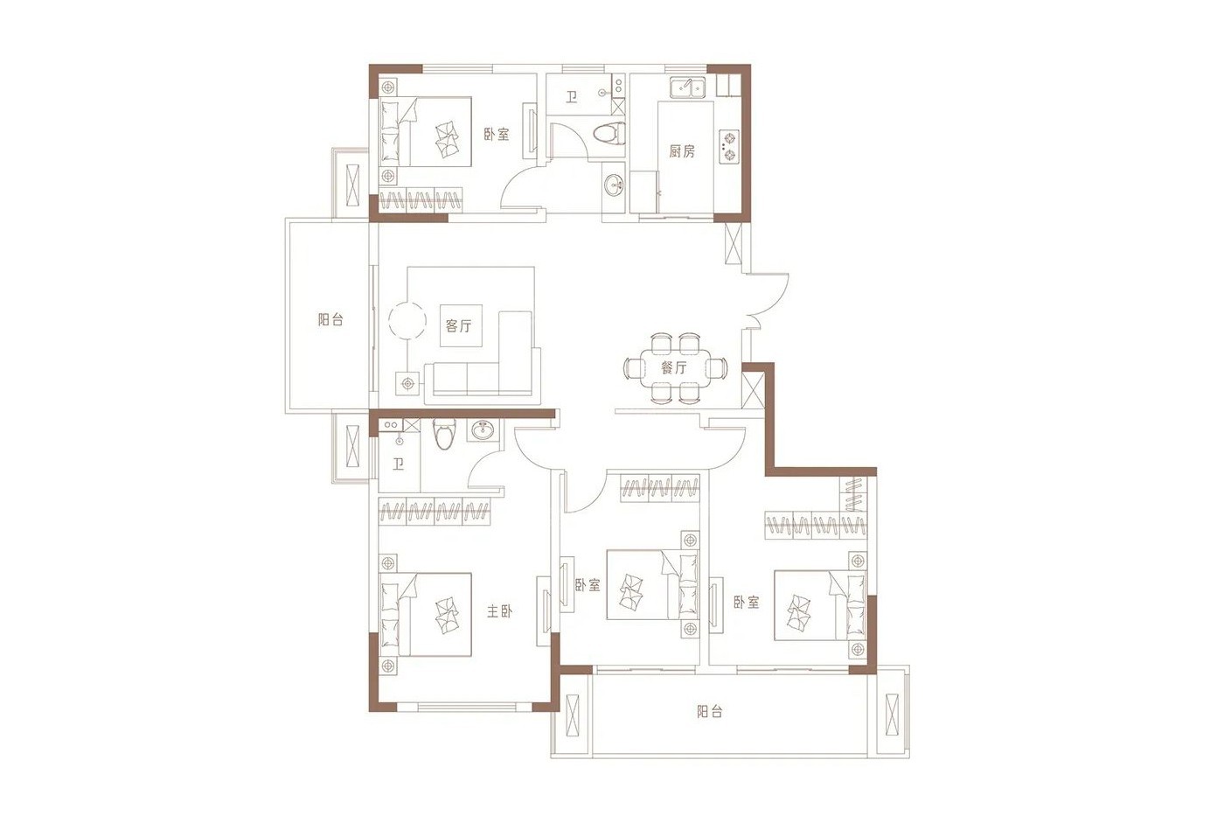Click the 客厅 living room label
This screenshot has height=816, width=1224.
click(x=458, y=325)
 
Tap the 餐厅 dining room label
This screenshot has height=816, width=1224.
click(x=674, y=367)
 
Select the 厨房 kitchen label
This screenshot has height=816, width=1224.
click(x=682, y=150)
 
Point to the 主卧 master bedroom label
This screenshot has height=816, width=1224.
click(x=499, y=611)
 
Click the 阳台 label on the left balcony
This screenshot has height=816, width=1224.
click(x=330, y=319)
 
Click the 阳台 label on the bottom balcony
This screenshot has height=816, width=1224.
click(x=710, y=711)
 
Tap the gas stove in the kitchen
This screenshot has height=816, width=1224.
click(x=729, y=146)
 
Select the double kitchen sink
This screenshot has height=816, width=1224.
click(x=687, y=87)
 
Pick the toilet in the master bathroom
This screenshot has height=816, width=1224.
click(x=443, y=434)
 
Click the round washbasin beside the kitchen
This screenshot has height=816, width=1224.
click(x=614, y=185)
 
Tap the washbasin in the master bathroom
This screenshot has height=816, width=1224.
click(x=483, y=430)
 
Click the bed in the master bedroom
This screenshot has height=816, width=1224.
click(x=427, y=614)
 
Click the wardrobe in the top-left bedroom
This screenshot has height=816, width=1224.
click(x=421, y=200)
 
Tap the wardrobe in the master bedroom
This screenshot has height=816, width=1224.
click(x=435, y=512)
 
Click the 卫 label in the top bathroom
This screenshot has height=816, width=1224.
click(x=571, y=98)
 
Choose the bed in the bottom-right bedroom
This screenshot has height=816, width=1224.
click(x=820, y=605)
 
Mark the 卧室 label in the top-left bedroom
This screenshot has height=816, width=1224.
click(x=497, y=134)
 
